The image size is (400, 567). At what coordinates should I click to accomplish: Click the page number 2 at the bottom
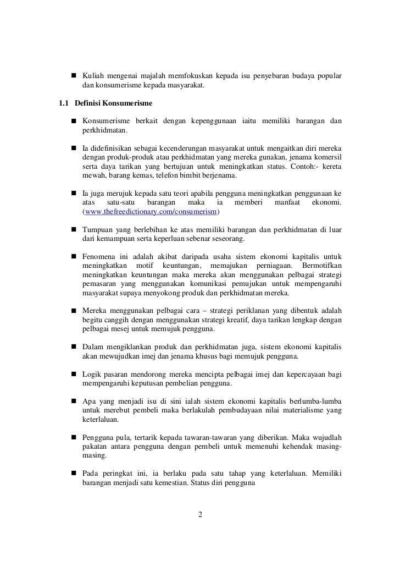pyautogui.click(x=200, y=515)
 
